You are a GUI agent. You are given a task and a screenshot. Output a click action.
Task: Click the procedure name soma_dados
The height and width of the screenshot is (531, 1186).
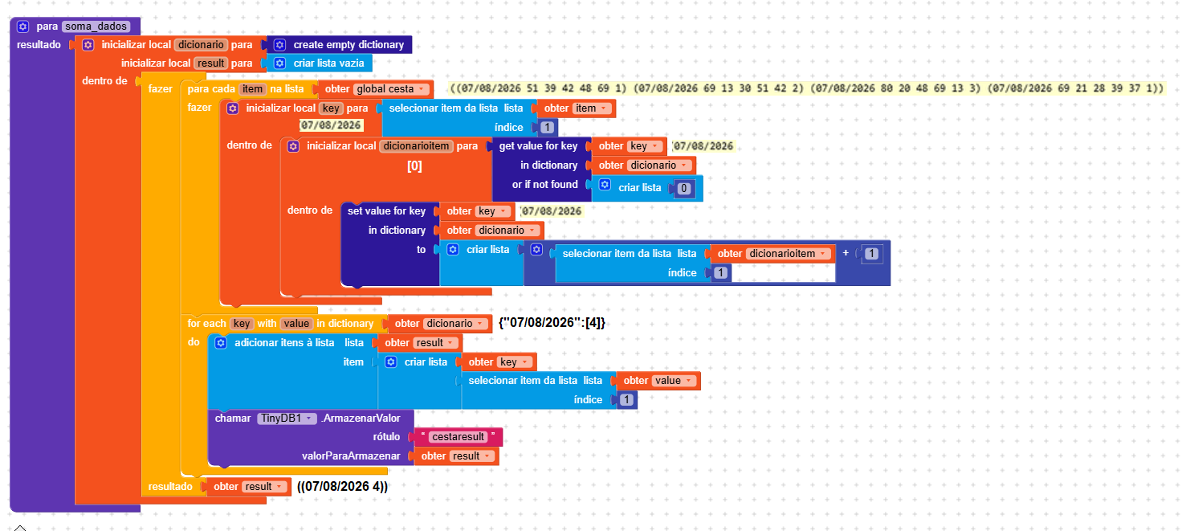click(x=96, y=26)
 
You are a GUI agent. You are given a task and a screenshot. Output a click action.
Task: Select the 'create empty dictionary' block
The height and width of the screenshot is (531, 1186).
click(x=340, y=44)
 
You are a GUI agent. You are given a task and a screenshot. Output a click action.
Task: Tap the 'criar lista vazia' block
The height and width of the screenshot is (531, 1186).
click(x=320, y=63)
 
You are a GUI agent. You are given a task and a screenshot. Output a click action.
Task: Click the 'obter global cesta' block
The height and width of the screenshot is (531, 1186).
click(x=376, y=89)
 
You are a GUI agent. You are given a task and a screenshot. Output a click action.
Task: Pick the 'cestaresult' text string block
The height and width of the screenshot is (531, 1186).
click(x=458, y=437)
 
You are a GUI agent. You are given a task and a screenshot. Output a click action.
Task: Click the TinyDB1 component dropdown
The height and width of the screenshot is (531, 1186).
click(x=287, y=418)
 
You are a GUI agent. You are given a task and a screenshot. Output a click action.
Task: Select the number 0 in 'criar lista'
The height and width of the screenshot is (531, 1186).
click(x=683, y=188)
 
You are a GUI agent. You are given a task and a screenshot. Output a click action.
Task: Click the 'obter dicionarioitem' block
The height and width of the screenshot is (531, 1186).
click(x=772, y=253)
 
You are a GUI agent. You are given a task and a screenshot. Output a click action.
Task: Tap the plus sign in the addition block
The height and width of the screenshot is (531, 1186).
click(x=846, y=253)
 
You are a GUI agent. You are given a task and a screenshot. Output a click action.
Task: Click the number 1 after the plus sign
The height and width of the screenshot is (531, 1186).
click(x=871, y=254)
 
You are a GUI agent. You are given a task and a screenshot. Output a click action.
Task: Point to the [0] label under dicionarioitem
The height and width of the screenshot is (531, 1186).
click(x=414, y=165)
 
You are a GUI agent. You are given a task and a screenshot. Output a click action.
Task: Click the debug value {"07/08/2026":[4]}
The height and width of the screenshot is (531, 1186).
click(x=552, y=323)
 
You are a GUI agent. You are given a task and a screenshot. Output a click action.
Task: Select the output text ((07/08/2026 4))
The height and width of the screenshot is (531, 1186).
click(x=342, y=487)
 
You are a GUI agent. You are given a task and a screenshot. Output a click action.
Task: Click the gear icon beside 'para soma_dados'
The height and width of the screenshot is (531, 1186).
click(x=22, y=26)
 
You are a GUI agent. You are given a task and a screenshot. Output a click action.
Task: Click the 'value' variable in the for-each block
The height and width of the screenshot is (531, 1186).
click(x=296, y=323)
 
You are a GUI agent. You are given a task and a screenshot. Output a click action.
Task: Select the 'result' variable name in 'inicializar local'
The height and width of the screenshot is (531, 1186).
click(x=210, y=63)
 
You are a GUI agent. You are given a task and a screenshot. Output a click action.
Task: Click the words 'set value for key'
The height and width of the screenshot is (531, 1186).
click(x=386, y=211)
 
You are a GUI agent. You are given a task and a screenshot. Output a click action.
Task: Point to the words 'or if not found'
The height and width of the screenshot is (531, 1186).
click(x=544, y=185)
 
